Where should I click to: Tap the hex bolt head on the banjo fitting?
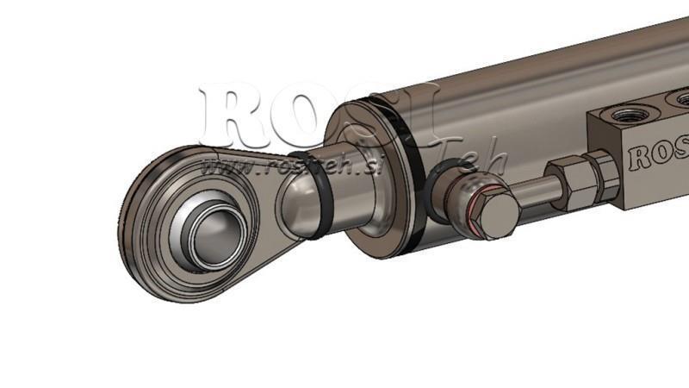pos(492,210)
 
